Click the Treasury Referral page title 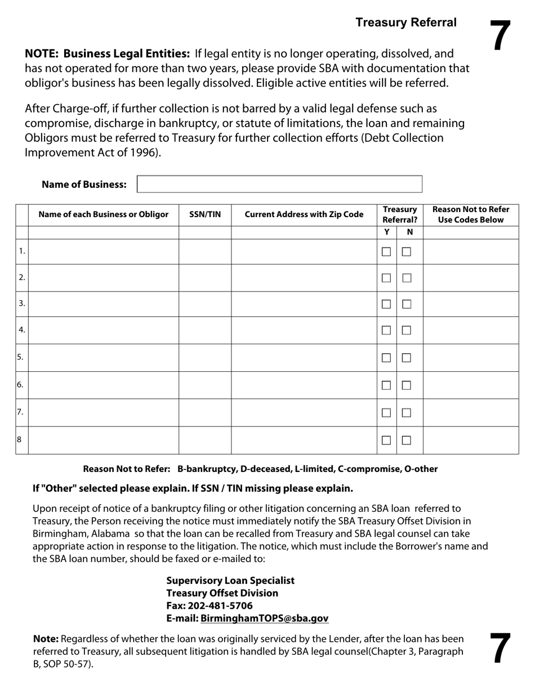coord(405,23)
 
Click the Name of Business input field coord(279,185)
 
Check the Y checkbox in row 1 coord(386,252)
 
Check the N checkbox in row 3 coord(407,304)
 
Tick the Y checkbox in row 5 coord(386,358)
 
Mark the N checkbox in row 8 coord(407,441)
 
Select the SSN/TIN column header coord(205,214)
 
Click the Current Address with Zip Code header coord(304,214)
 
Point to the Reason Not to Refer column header coord(470,214)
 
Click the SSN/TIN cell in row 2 coord(205,278)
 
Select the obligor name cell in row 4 coord(103,330)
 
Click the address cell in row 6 coord(304,385)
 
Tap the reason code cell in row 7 coord(470,412)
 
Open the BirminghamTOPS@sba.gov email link coord(264,618)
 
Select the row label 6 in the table coord(21,385)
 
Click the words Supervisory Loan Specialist coord(230,581)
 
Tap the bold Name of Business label coord(84,185)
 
